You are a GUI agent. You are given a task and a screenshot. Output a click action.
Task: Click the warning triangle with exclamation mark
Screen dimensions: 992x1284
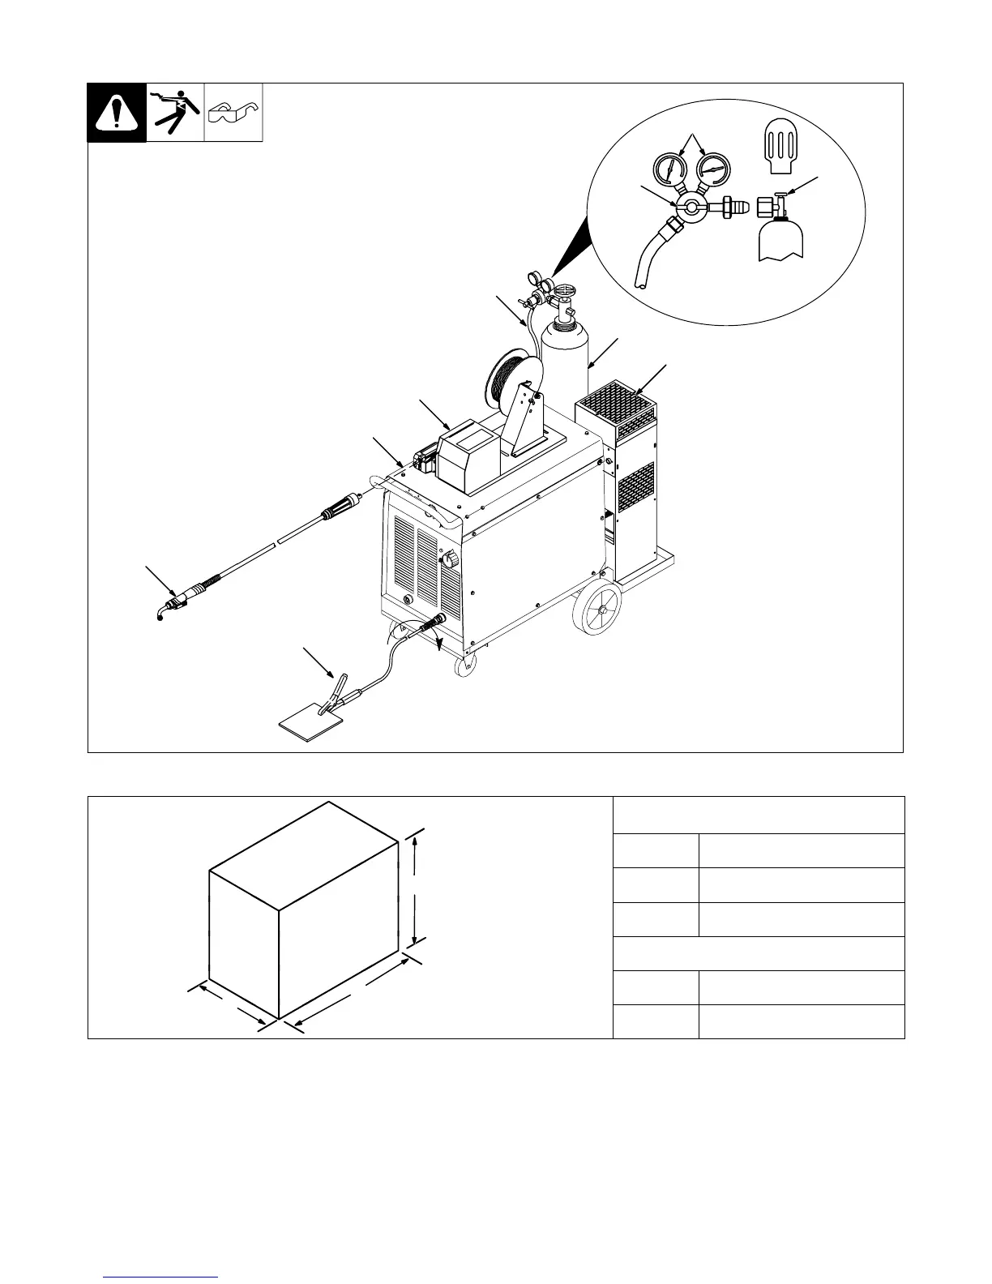pos(117,113)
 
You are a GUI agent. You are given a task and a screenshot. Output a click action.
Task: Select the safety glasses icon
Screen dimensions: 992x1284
pos(233,113)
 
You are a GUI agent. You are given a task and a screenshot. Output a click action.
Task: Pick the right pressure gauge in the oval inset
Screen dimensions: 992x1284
pos(711,169)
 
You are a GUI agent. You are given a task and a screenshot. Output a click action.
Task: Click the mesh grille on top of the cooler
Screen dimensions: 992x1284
pos(614,398)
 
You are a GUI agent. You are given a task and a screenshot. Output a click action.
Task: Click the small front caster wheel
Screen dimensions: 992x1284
pos(464,667)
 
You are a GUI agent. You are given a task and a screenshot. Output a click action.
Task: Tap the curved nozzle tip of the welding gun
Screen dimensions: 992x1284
pos(161,614)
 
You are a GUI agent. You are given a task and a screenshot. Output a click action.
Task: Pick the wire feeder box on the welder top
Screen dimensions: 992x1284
pos(469,456)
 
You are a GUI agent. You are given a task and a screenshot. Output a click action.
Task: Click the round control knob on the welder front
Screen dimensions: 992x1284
pos(447,560)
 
